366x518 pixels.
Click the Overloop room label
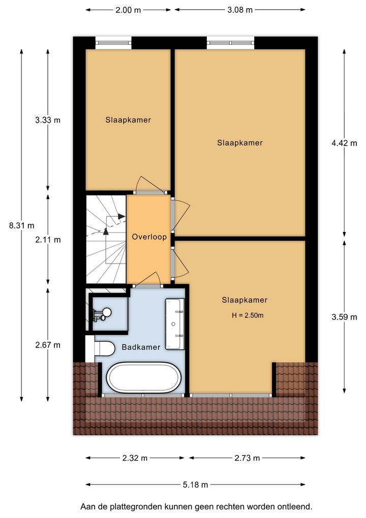[149, 237]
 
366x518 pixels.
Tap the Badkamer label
[141, 347]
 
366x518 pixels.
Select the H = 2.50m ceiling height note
[248, 315]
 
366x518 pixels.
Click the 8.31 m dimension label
[22, 225]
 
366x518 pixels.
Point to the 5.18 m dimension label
[195, 484]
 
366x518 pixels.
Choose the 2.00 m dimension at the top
[128, 10]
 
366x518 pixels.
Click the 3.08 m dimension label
[240, 10]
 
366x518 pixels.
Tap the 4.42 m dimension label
[344, 143]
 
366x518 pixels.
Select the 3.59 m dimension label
[344, 317]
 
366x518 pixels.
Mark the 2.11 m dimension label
[48, 240]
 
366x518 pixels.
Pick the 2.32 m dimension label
[135, 458]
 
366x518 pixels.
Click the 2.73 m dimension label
[247, 458]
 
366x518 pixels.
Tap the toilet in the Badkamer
[104, 348]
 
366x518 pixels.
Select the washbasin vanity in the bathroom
[174, 324]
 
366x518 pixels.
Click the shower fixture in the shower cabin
[103, 314]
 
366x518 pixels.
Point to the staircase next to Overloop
[106, 239]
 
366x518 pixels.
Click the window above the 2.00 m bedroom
[113, 43]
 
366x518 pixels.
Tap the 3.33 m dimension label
[48, 120]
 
